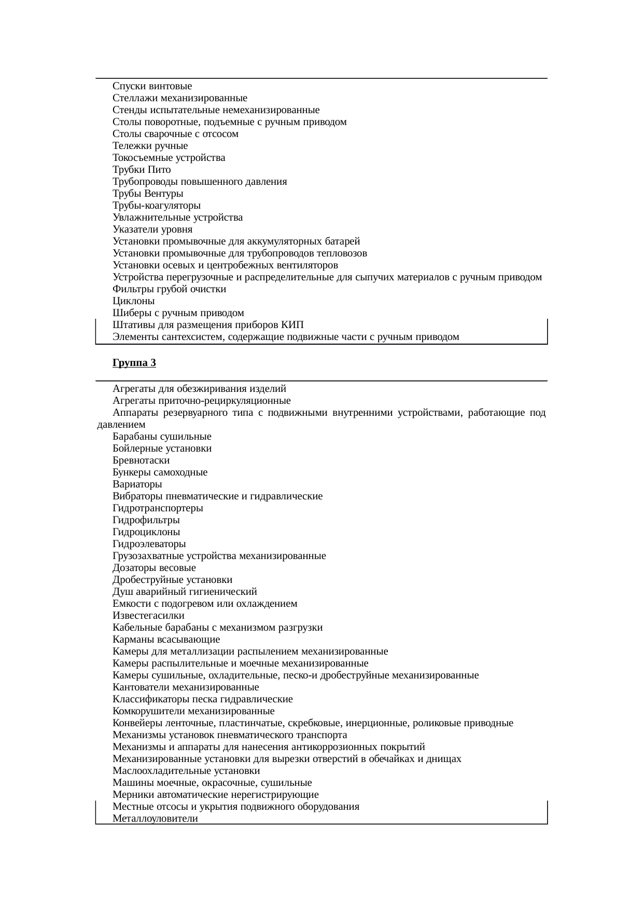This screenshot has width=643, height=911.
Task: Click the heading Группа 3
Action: pos(134,363)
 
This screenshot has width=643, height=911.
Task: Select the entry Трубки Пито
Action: pos(142,170)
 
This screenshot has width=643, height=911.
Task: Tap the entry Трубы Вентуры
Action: pos(148,194)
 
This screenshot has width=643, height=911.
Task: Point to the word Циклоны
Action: pos(134,301)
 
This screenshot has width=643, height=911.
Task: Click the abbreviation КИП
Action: pos(292,325)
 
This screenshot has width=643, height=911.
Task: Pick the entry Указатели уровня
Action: pos(152,229)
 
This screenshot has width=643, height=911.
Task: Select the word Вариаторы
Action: pos(137,484)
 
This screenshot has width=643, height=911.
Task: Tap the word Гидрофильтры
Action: pos(146,520)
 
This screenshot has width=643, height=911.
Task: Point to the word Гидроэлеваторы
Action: pos(149,544)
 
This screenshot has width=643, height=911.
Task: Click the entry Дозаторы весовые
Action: pos(154,568)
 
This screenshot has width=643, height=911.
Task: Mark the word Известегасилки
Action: pos(148,616)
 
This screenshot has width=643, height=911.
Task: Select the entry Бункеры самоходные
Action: pos(160,472)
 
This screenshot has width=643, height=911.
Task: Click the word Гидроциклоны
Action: pos(146,532)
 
